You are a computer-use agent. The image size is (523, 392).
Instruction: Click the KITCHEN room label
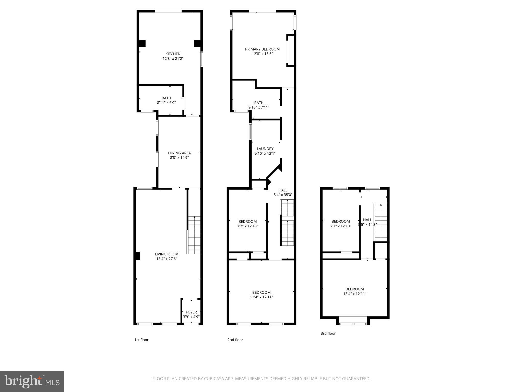pos(173,54)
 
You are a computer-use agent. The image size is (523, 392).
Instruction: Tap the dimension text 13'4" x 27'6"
pos(167,259)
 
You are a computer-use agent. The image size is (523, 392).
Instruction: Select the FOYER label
pos(191,312)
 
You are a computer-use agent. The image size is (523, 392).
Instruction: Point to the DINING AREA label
pos(179,153)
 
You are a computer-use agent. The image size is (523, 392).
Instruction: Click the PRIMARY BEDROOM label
pos(262,49)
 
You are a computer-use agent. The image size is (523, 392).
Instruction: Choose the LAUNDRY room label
pos(265,149)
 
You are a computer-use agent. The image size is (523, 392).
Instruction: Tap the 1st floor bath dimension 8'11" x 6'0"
pos(166,103)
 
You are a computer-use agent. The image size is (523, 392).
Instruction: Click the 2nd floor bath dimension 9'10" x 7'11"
pos(259,107)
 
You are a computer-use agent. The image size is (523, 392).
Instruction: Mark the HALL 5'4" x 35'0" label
pos(283,192)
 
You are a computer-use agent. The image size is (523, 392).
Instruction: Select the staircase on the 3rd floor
pos(381,222)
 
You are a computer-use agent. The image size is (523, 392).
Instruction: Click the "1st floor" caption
pos(141,340)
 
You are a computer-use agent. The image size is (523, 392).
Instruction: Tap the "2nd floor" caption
pos(235,340)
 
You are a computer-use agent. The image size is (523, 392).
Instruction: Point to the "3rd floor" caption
pos(328,333)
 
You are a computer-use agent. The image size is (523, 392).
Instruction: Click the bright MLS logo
pos(32,382)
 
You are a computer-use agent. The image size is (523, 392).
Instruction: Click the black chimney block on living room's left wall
pos(138,256)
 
